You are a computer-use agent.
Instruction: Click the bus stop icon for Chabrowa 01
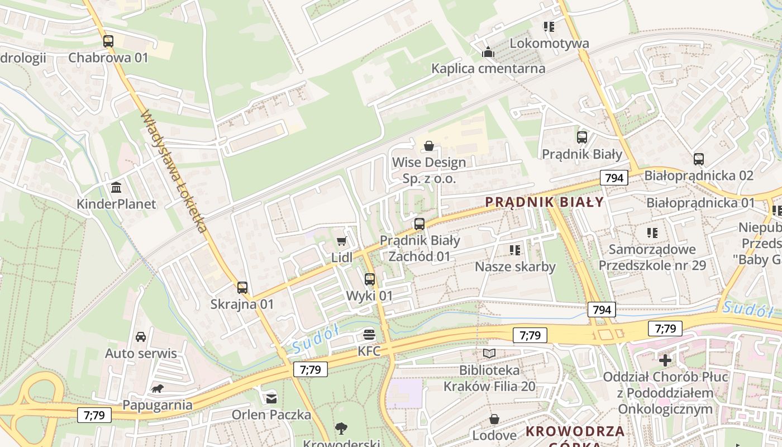(108, 41)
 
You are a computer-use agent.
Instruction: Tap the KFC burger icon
(369, 335)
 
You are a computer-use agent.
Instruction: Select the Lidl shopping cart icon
(342, 241)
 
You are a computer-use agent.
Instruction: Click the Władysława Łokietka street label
(174, 171)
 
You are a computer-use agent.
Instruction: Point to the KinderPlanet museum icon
(116, 187)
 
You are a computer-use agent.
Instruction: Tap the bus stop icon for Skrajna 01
(242, 288)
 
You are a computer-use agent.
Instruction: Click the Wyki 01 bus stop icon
(370, 279)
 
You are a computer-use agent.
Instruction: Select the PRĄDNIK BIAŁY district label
(545, 202)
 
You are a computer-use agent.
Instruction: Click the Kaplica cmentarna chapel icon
(488, 53)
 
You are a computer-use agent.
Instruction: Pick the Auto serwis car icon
(141, 337)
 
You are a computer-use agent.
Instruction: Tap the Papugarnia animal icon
(157, 388)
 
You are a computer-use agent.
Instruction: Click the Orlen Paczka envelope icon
(271, 398)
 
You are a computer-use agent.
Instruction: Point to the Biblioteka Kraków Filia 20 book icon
(489, 353)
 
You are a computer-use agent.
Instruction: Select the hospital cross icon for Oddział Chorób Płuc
(665, 360)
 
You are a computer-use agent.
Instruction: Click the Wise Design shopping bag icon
(429, 146)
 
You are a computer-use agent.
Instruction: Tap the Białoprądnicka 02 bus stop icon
(698, 159)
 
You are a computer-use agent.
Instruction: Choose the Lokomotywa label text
(549, 43)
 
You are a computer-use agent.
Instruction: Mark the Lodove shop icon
(494, 419)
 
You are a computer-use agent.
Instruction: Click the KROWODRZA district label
(575, 431)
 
